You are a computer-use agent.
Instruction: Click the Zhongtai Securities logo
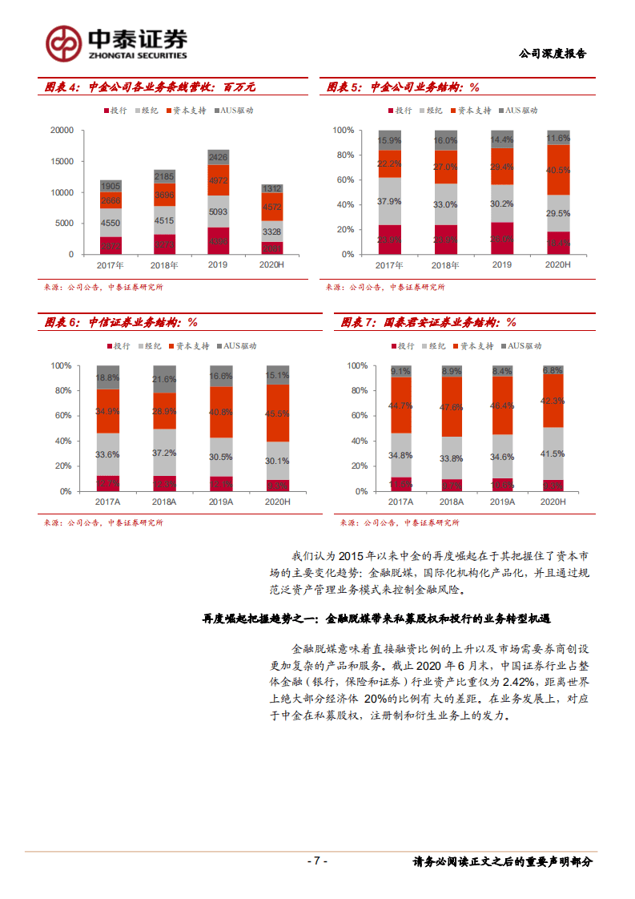click(116, 42)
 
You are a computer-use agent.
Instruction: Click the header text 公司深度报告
click(553, 54)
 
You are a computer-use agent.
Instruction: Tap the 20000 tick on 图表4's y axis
click(62, 130)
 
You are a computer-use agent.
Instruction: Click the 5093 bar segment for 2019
click(218, 212)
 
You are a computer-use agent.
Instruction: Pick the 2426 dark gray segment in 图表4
click(218, 156)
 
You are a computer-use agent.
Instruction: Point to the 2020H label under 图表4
click(271, 264)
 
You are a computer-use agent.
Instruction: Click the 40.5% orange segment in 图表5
click(558, 170)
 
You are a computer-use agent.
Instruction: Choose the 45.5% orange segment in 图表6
click(277, 413)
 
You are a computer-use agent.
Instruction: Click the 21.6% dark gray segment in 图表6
click(164, 379)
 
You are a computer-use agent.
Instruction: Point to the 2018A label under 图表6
click(164, 502)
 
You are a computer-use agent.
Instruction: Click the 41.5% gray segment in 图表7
click(553, 454)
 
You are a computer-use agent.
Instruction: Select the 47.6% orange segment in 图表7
click(452, 406)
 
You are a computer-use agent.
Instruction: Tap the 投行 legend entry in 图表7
click(403, 346)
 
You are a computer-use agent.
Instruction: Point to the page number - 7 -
click(317, 861)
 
